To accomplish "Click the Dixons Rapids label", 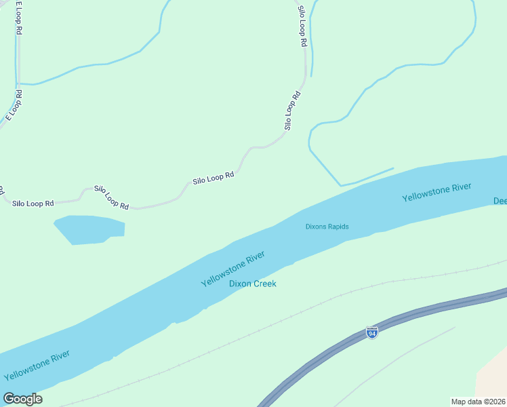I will pyautogui.click(x=327, y=227).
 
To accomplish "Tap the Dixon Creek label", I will pyautogui.click(x=252, y=284).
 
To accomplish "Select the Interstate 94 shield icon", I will pyautogui.click(x=371, y=332).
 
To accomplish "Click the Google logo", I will pyautogui.click(x=22, y=399).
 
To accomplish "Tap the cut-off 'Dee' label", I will pyautogui.click(x=500, y=201).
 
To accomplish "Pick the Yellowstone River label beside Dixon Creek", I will pyautogui.click(x=232, y=269).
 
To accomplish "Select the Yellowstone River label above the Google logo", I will pyautogui.click(x=37, y=365).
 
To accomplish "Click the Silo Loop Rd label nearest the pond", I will pyautogui.click(x=111, y=197).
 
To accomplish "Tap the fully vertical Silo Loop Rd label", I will pyautogui.click(x=302, y=26).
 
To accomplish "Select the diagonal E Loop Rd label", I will pyautogui.click(x=14, y=105).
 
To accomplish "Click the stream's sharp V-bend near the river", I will pyautogui.click(x=340, y=185).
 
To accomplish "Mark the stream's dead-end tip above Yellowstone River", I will pyautogui.click(x=392, y=168).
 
